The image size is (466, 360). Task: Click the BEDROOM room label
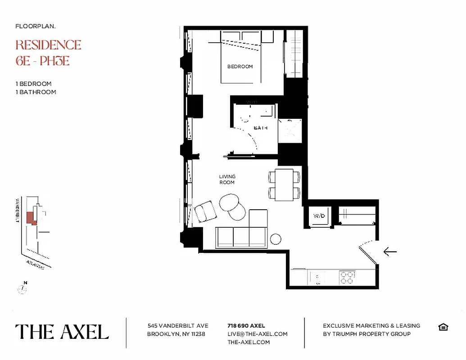(240, 67)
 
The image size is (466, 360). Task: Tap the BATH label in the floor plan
(260, 128)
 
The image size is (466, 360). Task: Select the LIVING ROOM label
(227, 179)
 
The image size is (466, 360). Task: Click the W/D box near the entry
(319, 216)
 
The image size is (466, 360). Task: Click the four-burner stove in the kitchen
(347, 277)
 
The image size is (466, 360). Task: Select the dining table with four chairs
(284, 184)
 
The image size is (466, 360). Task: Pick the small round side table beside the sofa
(276, 239)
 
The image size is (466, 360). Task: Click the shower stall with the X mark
(290, 131)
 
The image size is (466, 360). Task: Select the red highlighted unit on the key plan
(31, 218)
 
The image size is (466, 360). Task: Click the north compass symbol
(23, 288)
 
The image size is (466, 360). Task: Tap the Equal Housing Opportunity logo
(443, 327)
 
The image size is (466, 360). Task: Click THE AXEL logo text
(62, 332)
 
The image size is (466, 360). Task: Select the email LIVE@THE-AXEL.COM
(257, 334)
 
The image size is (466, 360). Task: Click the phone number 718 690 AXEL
(246, 325)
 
